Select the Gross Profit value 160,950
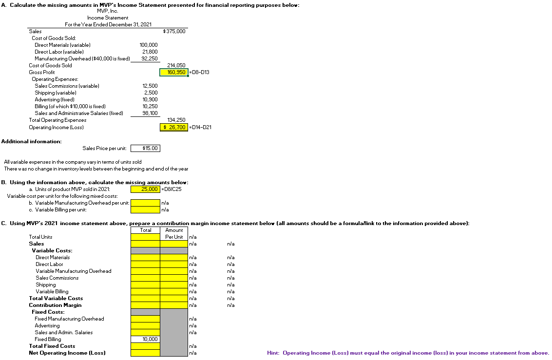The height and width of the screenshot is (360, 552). [x=174, y=72]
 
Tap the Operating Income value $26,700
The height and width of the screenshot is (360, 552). [x=174, y=127]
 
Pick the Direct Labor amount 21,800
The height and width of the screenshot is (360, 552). [x=150, y=52]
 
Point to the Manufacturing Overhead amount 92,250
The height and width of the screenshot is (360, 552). [x=150, y=58]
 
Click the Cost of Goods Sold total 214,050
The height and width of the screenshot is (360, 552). [x=175, y=65]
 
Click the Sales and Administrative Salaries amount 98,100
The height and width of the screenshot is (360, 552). [x=150, y=113]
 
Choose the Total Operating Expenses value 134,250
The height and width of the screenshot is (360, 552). [x=175, y=120]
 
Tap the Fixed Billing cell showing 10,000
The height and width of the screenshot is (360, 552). [x=145, y=339]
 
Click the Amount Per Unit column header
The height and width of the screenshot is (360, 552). [x=174, y=233]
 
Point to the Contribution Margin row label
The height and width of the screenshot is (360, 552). [x=55, y=305]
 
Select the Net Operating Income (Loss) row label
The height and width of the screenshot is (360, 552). [x=67, y=353]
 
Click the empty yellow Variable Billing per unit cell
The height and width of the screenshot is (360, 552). [x=145, y=210]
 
